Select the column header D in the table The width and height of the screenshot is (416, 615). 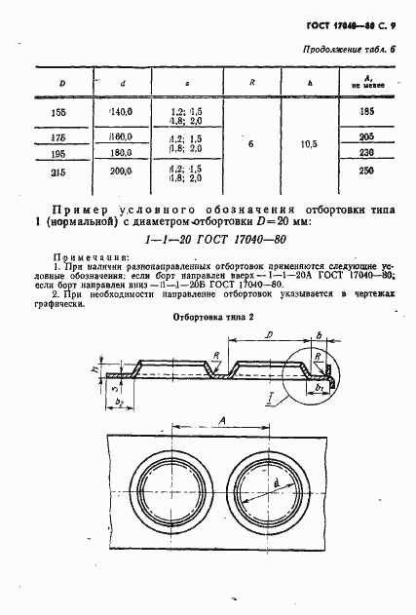click(x=61, y=84)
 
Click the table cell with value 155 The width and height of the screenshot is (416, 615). click(x=61, y=114)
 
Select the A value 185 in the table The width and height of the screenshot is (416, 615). click(x=366, y=114)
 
